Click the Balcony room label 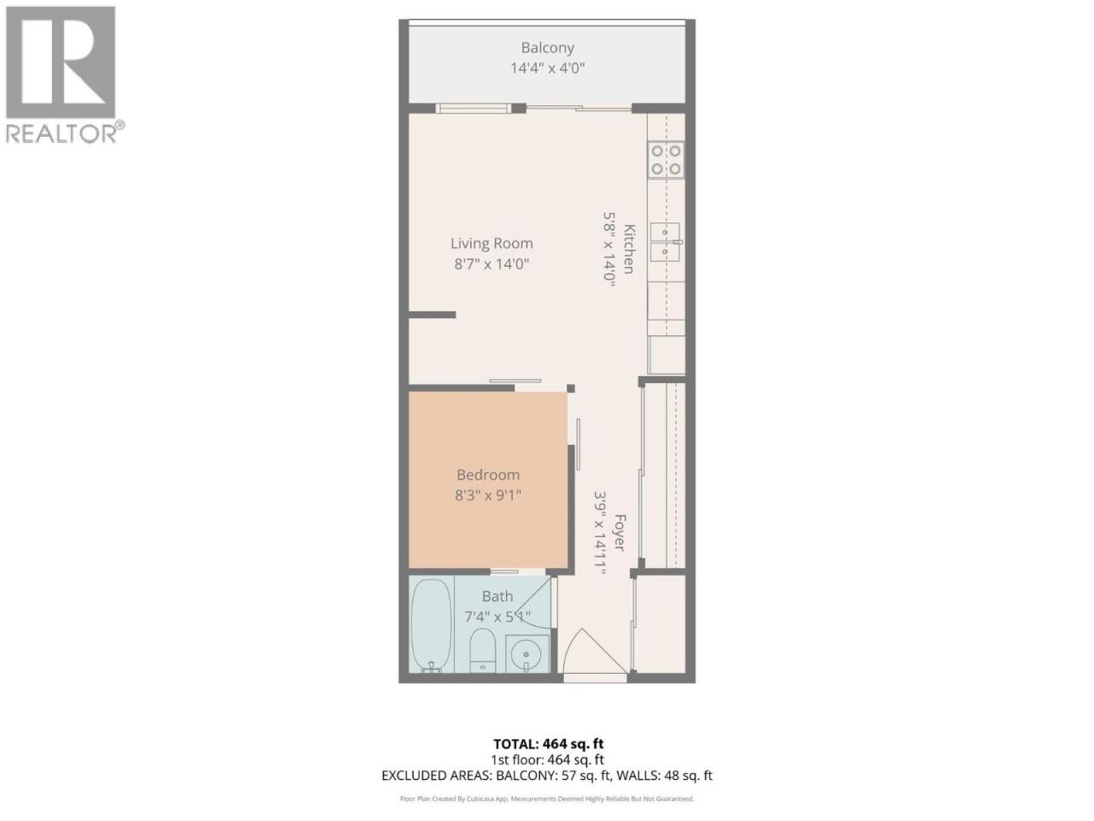[547, 48]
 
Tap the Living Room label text [491, 243]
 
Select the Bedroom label [488, 475]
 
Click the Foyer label [619, 533]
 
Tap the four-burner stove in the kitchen [666, 160]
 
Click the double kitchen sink [665, 242]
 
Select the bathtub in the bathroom [431, 625]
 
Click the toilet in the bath [483, 650]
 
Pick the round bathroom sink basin [527, 653]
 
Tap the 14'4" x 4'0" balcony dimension [547, 68]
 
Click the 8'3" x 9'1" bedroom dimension [488, 495]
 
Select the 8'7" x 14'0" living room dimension [491, 263]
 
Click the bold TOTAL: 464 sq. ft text [548, 744]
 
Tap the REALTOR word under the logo [62, 133]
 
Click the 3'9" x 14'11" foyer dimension [601, 533]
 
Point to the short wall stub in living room [432, 315]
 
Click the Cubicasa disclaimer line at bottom [547, 799]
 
